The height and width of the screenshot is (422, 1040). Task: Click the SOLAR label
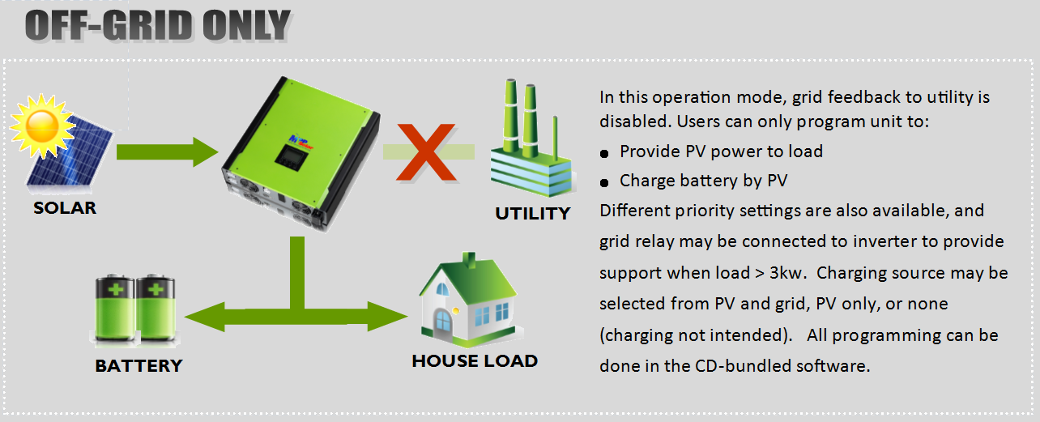[x=65, y=208]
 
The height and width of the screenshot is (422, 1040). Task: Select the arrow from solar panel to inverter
[x=167, y=151]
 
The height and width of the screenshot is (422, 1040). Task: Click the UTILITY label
[x=532, y=214]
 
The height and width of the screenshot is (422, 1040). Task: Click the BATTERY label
[x=139, y=366]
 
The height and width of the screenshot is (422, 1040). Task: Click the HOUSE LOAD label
[x=475, y=361]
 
